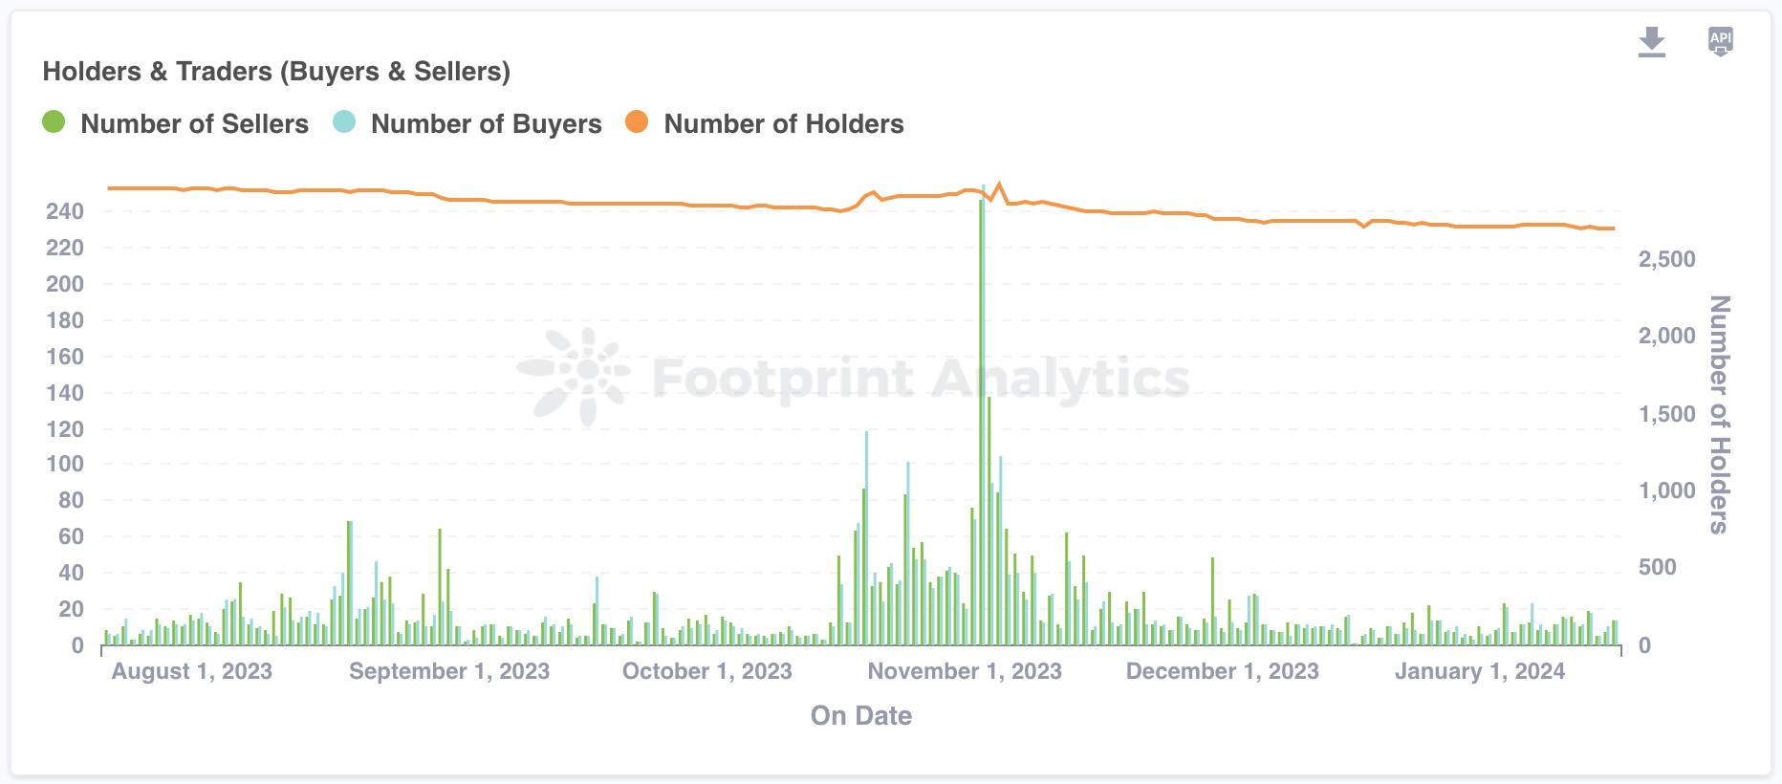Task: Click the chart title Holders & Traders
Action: click(x=276, y=72)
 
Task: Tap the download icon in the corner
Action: click(x=1651, y=42)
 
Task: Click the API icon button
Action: click(x=1720, y=41)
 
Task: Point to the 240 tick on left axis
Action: click(x=65, y=211)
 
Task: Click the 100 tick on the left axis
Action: click(x=65, y=465)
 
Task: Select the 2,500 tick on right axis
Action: click(x=1666, y=259)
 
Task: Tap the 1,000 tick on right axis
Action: click(x=1666, y=490)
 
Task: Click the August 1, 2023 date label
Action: click(x=191, y=671)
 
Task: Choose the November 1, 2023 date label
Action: click(x=964, y=671)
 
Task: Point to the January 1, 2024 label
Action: click(x=1479, y=671)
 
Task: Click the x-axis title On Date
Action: click(x=860, y=716)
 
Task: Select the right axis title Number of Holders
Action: click(x=1719, y=414)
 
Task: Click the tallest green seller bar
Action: click(x=981, y=421)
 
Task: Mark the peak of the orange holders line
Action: click(x=999, y=185)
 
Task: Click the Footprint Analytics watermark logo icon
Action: click(x=574, y=376)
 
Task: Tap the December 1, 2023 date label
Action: click(x=1222, y=671)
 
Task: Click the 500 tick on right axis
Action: click(x=1659, y=567)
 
